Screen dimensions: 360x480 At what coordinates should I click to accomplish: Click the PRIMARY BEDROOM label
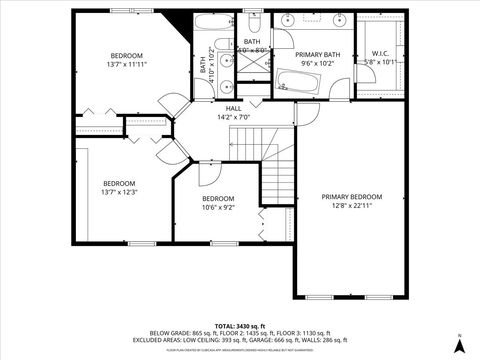pos(351,197)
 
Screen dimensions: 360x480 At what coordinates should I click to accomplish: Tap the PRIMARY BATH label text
pos(321,54)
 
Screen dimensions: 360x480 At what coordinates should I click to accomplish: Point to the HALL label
pos(233,108)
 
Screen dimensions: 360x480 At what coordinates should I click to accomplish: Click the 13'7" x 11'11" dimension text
pos(128,64)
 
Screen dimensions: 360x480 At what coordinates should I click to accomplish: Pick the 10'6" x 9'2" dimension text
pos(218,207)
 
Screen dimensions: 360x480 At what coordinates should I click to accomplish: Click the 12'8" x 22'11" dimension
pos(351,206)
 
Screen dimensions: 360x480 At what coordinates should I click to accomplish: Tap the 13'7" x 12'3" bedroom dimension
pos(118,192)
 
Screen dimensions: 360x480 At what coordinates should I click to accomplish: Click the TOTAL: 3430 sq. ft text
pos(239,325)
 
